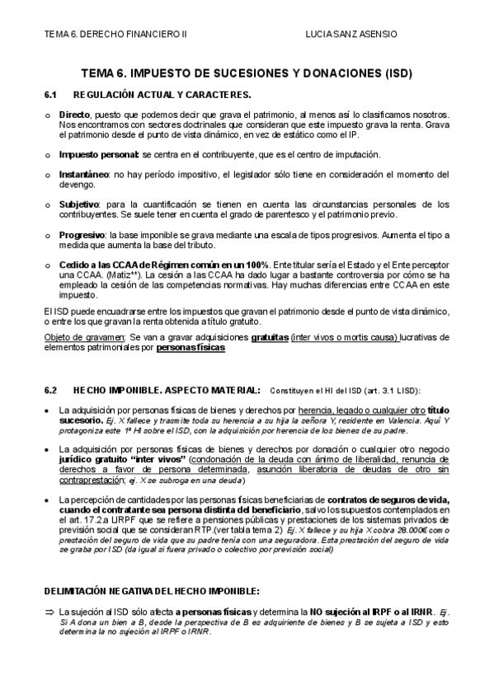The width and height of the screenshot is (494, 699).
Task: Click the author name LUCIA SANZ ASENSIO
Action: (351, 34)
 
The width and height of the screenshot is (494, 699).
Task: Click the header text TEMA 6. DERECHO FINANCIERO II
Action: (115, 34)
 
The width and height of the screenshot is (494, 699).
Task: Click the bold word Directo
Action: (74, 115)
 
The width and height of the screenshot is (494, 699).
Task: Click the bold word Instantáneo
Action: (83, 175)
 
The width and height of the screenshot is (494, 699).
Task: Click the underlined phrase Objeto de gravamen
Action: (83, 337)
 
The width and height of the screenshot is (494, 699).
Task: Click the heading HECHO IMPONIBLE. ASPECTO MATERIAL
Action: (167, 390)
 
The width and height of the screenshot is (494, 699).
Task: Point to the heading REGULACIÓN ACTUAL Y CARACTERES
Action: (162, 96)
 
